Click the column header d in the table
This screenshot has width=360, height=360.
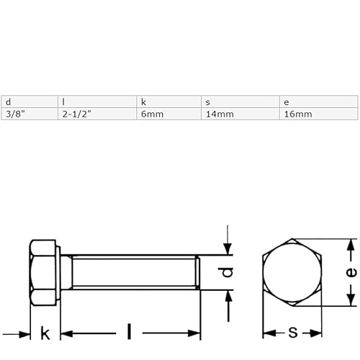7,102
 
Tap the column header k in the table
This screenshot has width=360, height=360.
143,102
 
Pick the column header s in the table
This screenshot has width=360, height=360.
207,102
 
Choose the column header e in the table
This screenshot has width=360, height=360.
287,102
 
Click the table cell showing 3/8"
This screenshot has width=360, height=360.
12,114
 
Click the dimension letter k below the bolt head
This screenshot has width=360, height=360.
45,333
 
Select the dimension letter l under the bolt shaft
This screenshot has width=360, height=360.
129,332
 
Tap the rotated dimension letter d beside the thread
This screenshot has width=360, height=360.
226,273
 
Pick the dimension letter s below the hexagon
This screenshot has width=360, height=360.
292,332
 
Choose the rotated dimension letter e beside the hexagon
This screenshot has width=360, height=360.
351,272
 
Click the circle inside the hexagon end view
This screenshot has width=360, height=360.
292,273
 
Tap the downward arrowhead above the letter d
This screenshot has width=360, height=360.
228,249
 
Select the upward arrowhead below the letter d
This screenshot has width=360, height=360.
228,297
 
